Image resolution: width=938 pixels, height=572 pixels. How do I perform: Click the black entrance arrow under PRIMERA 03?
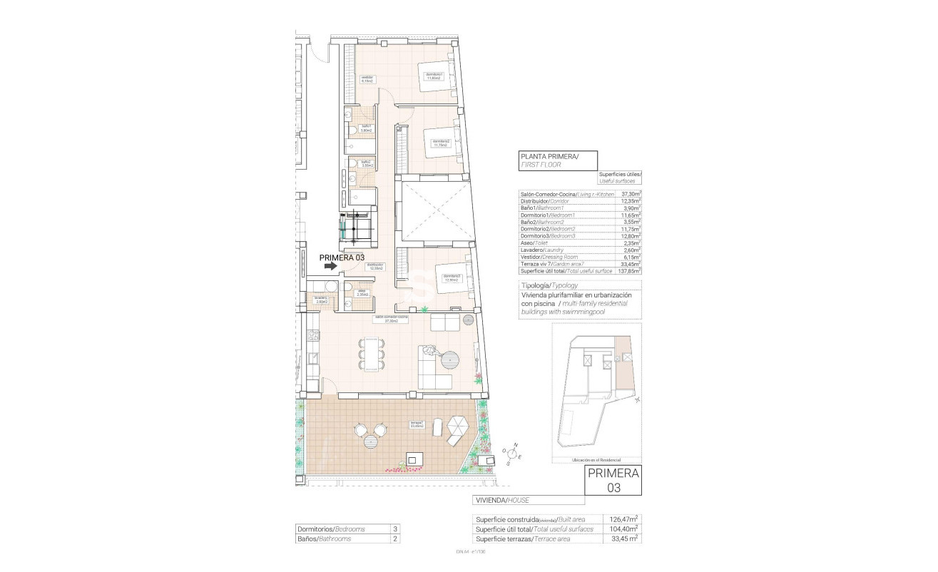tap(330, 266)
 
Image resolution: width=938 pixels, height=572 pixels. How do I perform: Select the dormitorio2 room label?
tap(439, 142)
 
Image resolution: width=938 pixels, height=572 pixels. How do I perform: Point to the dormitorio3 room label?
tap(451, 277)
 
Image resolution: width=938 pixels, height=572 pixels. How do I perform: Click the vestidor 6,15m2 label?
tap(367, 79)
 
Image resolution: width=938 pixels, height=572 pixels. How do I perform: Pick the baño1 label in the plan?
tap(366, 128)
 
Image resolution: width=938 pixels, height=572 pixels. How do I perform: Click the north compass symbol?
tap(512, 452)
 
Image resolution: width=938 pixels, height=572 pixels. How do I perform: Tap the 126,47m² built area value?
tap(623, 519)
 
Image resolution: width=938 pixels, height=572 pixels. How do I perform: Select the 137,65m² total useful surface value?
tap(628, 271)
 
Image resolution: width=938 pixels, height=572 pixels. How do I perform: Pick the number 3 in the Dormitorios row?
tap(394, 529)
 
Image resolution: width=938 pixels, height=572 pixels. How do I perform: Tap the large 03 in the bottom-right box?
tap(613, 488)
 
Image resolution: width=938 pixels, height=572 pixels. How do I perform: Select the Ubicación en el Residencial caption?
tap(596, 461)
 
